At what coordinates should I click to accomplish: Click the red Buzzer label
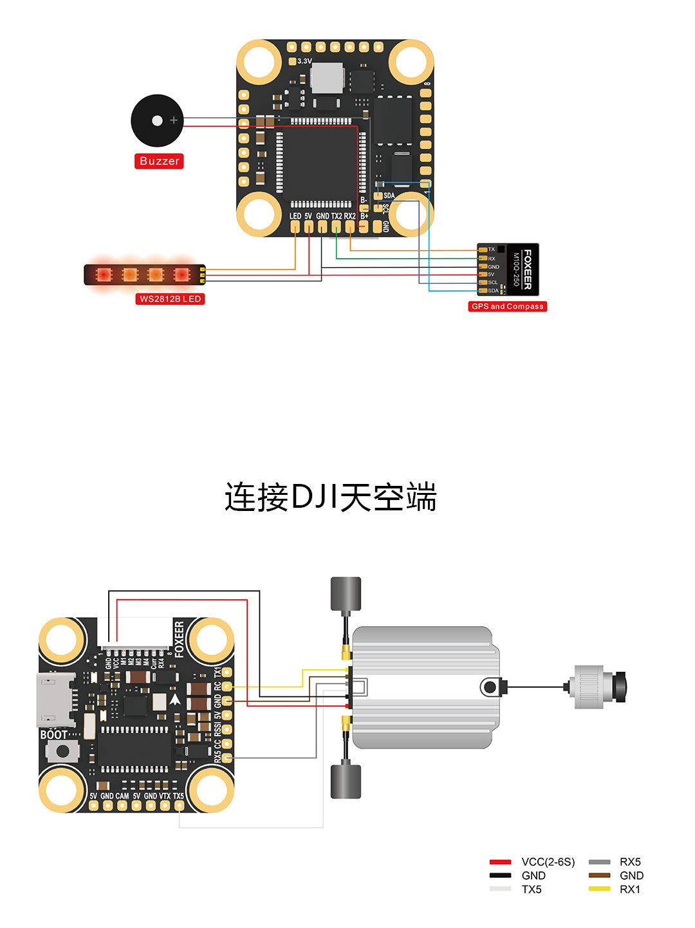(159, 161)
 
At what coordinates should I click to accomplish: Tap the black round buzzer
(157, 121)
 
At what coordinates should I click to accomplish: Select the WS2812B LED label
(171, 299)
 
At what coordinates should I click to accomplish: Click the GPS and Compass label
(507, 306)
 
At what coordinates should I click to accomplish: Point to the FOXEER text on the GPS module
(528, 269)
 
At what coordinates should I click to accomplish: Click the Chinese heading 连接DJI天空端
(331, 497)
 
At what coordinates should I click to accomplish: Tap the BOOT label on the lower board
(53, 734)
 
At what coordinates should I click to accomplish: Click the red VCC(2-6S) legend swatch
(500, 862)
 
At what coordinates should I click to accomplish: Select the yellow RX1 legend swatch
(599, 889)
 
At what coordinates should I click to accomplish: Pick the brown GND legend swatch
(599, 875)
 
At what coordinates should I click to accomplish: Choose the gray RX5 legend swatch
(599, 862)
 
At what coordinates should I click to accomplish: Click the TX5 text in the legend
(532, 889)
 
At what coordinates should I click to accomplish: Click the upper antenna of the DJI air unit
(346, 594)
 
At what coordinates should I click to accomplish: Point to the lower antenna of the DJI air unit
(346, 781)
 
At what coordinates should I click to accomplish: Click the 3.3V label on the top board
(304, 61)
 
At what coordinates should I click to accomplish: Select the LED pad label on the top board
(295, 216)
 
